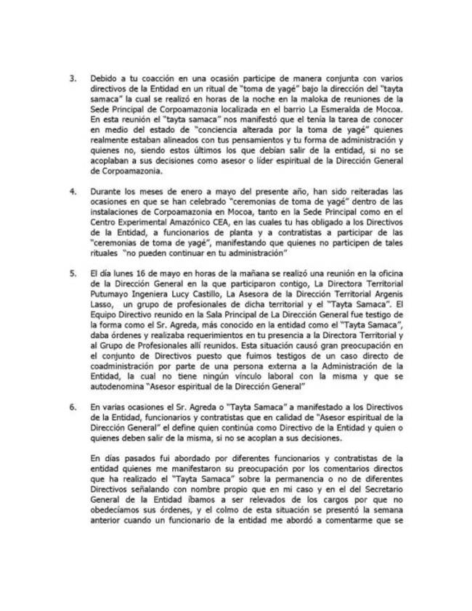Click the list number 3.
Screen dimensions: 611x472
71,77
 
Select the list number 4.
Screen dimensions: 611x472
71,190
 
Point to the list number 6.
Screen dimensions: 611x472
71,408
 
